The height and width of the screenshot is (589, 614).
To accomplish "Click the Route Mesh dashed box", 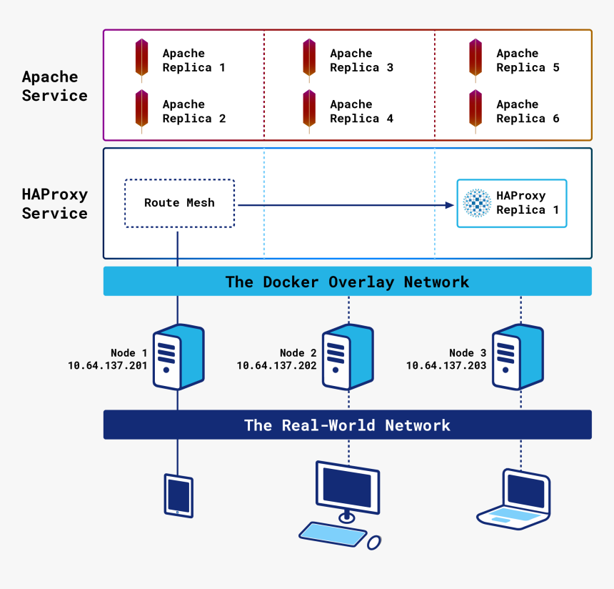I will (x=179, y=203).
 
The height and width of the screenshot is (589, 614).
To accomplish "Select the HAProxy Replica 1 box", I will (x=511, y=203).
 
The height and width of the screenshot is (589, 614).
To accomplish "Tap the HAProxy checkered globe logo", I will (x=476, y=203).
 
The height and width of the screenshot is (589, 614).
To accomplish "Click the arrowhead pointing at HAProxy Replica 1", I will (x=449, y=205).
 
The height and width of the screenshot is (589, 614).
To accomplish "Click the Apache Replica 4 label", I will (x=361, y=112).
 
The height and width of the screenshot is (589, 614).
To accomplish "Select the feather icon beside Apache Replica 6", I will (x=475, y=109).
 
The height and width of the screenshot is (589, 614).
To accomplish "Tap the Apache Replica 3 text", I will (x=361, y=61).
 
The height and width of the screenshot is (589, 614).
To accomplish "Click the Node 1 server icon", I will (x=178, y=357).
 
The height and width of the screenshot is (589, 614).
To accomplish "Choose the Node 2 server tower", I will (x=348, y=357).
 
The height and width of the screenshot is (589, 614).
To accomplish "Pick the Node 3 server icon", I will (x=518, y=357).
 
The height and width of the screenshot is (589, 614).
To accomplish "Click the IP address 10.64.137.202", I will (x=276, y=365).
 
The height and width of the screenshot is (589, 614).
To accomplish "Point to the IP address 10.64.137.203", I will (x=446, y=365).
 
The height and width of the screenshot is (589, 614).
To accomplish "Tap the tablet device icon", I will (x=178, y=495).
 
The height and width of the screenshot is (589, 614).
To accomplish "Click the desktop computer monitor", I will (x=348, y=489).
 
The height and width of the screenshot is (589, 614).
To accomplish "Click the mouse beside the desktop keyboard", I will (x=374, y=543).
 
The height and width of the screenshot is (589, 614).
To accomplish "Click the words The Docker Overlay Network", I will (x=347, y=282).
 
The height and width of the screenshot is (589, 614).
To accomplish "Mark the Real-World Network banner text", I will (x=347, y=425).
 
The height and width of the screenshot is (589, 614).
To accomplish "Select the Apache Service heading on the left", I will (x=54, y=86).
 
